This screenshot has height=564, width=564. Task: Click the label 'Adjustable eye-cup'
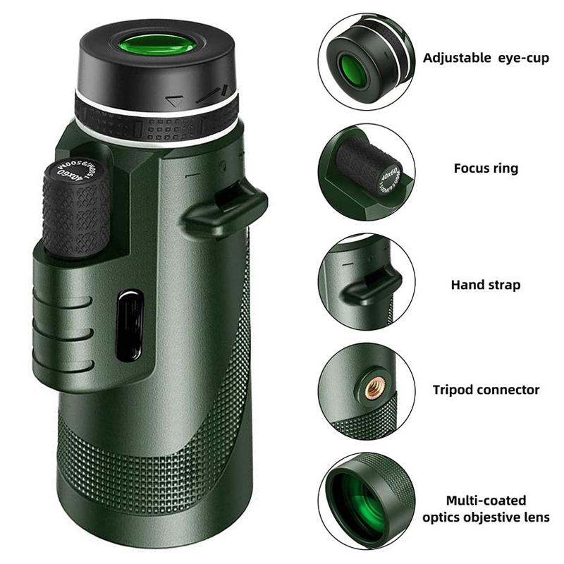point(486,58)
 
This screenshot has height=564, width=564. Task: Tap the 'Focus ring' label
point(486,168)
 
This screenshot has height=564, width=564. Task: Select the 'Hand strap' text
point(486,285)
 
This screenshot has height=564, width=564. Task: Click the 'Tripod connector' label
point(486,389)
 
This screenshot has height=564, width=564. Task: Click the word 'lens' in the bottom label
point(536,517)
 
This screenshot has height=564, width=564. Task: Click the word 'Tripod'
point(454,389)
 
